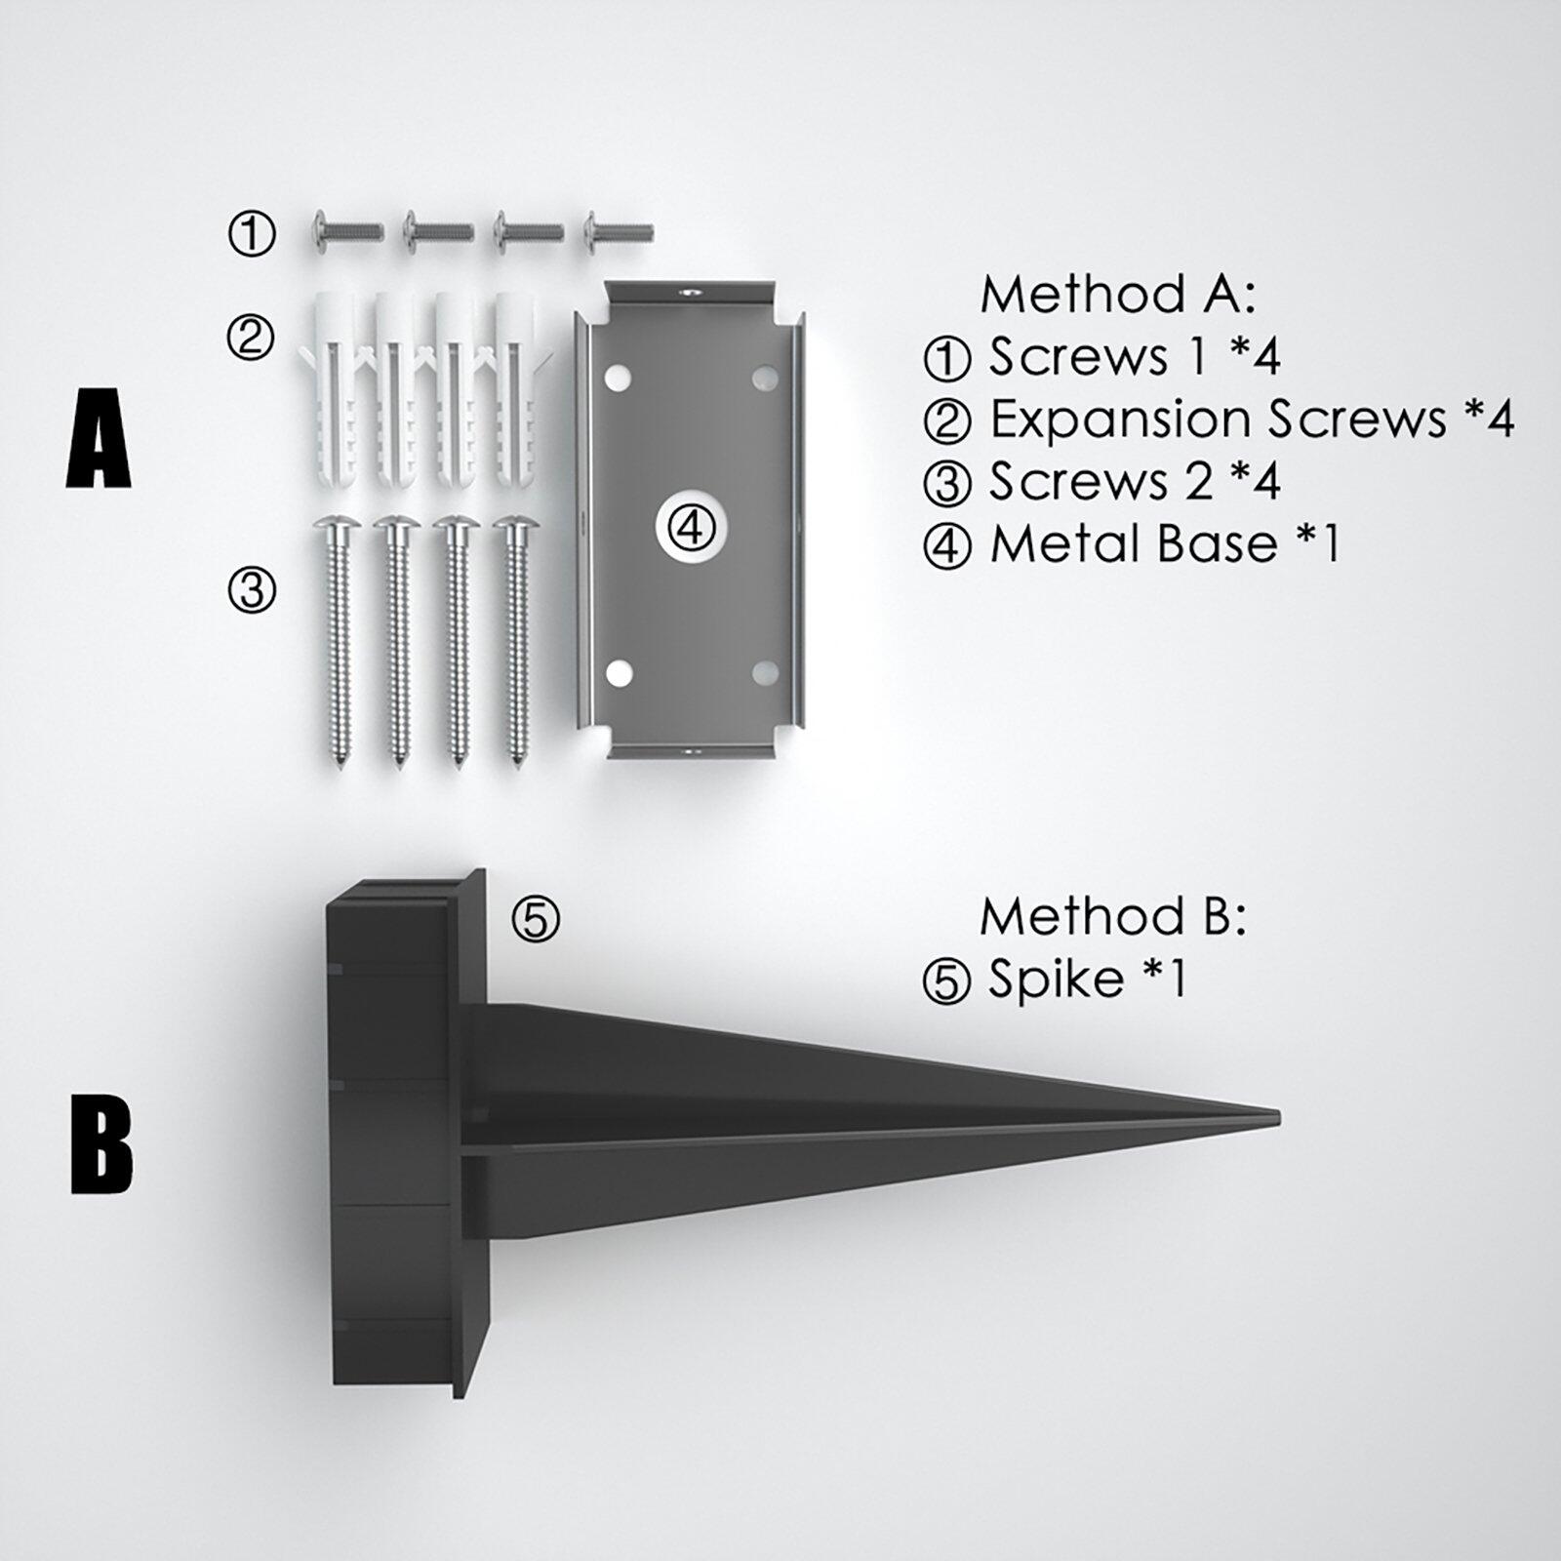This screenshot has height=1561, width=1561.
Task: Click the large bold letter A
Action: tap(99, 438)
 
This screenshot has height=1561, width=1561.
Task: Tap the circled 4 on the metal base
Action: tap(690, 528)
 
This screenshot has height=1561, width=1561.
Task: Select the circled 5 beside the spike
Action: tap(536, 918)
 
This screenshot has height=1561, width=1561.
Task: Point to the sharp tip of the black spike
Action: tap(1279, 1114)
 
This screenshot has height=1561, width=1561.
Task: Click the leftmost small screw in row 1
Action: tap(346, 232)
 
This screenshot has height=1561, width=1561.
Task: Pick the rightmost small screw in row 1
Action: tap(618, 232)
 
